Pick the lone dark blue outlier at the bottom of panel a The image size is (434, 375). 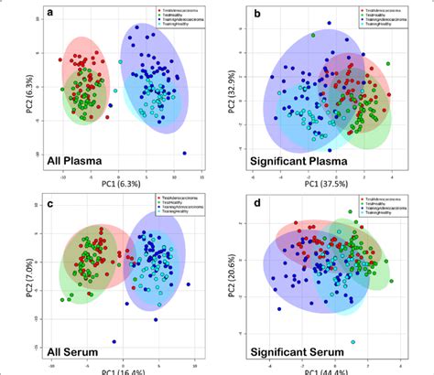pos(184,153)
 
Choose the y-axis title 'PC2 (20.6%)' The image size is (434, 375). pos(232,274)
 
